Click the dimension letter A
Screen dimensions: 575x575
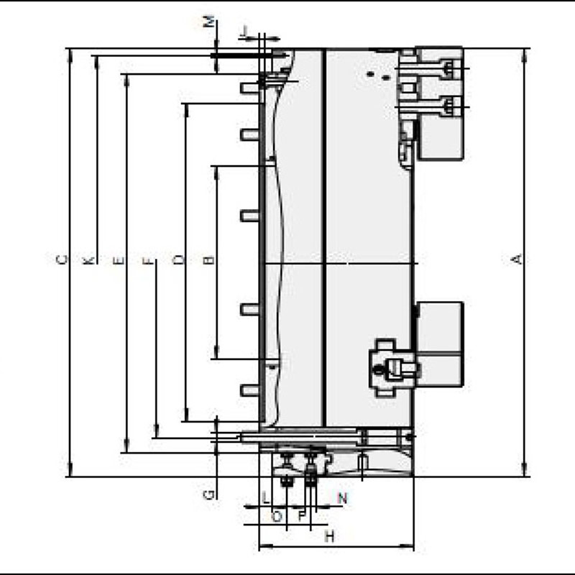point(515,259)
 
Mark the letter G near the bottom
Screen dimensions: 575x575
point(208,494)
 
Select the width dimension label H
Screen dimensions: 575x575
point(329,536)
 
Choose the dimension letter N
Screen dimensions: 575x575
point(342,497)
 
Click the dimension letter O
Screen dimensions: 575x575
point(276,516)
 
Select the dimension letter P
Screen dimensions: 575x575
point(301,516)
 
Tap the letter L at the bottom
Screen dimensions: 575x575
point(265,497)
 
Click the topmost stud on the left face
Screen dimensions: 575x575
point(249,88)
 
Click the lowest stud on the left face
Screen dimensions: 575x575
point(249,390)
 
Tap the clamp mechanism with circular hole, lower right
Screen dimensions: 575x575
point(392,367)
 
